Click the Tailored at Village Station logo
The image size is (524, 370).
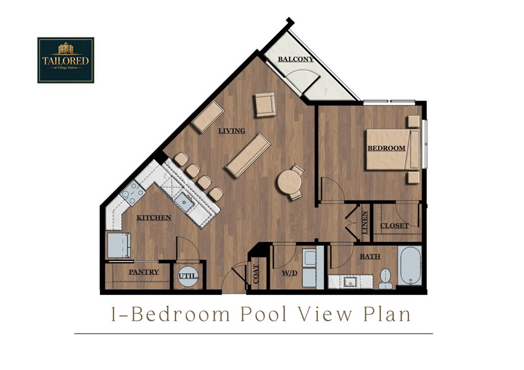tap(65, 60)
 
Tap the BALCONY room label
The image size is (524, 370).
tap(296, 59)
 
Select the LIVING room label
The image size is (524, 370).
tap(232, 131)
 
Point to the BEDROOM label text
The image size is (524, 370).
tap(386, 148)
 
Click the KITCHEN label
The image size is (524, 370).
tap(154, 218)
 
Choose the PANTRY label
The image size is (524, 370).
tap(143, 272)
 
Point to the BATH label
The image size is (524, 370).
tap(369, 256)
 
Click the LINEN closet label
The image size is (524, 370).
tap(365, 223)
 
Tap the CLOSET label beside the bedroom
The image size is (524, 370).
tap(394, 225)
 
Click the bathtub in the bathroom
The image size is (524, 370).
tap(410, 266)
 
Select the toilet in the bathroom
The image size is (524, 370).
tap(385, 279)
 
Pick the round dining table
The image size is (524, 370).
tap(289, 182)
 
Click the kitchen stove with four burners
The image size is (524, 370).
tap(133, 193)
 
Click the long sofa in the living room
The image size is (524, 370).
tap(248, 155)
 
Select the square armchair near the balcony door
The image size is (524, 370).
tap(265, 104)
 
